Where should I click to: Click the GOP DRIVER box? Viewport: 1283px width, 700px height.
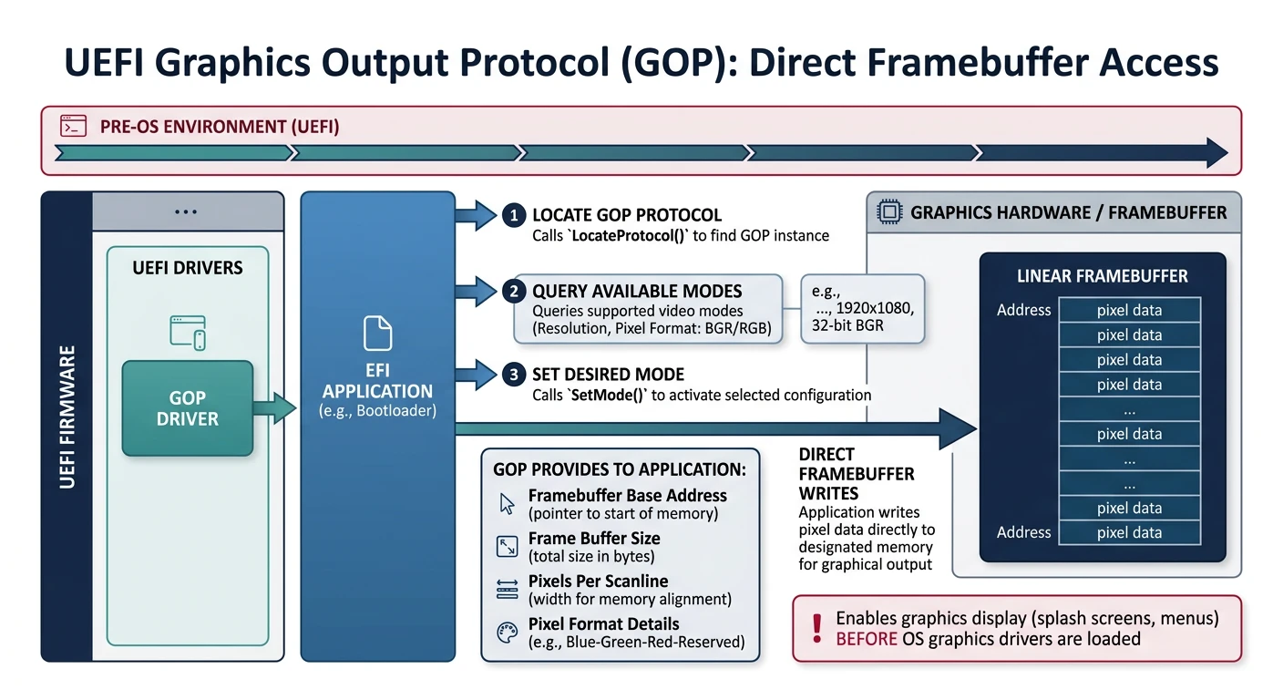(x=187, y=407)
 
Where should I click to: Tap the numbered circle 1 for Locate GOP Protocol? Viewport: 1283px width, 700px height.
(x=514, y=216)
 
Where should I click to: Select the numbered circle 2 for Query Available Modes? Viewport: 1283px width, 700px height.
(x=514, y=292)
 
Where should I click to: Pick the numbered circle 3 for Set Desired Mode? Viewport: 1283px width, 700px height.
(x=514, y=375)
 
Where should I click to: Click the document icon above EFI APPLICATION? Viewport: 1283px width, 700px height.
(x=377, y=333)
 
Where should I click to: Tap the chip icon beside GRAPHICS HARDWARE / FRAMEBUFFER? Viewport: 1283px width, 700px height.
(x=887, y=212)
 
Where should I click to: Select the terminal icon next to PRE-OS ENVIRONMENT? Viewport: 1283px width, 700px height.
(x=73, y=126)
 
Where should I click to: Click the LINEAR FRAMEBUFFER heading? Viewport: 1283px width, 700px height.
(x=1102, y=275)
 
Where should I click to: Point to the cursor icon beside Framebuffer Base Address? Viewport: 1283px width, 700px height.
(x=508, y=504)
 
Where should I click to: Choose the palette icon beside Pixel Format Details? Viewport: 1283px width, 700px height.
(x=508, y=633)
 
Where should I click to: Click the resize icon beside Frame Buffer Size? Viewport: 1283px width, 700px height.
(x=508, y=547)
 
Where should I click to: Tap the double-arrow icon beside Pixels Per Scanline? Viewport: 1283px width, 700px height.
(x=508, y=590)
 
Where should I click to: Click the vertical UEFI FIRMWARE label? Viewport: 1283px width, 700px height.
(x=67, y=416)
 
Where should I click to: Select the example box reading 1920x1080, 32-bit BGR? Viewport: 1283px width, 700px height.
(x=862, y=308)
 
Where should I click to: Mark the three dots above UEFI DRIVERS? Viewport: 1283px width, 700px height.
(x=186, y=211)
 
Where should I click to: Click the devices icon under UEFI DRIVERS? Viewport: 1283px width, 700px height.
(x=188, y=333)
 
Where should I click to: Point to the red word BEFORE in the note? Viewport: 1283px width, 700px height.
(x=866, y=639)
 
